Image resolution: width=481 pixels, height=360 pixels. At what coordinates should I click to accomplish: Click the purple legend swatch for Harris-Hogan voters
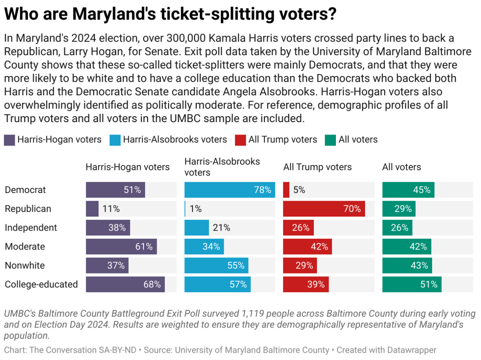point(10,140)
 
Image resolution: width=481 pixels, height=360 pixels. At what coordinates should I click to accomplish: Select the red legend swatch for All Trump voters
point(241,140)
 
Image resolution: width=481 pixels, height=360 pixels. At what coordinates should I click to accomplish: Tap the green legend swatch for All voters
point(331,140)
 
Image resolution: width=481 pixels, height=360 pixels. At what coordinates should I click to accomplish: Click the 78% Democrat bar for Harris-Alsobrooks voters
point(229,190)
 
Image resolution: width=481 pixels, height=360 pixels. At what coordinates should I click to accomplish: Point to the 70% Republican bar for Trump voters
point(324,209)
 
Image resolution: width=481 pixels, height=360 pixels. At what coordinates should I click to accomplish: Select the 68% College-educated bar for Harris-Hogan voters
point(125,284)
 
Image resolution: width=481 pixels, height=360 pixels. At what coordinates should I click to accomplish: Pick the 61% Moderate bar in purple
point(121,247)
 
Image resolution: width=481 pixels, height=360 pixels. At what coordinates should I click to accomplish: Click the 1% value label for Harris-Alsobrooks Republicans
point(195,209)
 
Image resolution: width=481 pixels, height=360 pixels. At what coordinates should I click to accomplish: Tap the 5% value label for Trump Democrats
point(299,190)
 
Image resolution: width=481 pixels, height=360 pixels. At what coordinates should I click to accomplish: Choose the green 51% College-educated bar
point(412,284)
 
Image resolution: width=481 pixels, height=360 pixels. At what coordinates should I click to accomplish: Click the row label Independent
point(31,227)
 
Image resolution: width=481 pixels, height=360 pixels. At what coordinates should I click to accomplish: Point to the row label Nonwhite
point(25,265)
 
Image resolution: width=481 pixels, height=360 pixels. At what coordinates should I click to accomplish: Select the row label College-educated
point(41,284)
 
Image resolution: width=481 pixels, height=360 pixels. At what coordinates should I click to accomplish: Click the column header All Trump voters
point(317,167)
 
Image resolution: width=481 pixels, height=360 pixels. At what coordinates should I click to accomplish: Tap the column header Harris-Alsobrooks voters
point(222,167)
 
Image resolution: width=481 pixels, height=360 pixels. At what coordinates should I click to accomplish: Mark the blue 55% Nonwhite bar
point(216,265)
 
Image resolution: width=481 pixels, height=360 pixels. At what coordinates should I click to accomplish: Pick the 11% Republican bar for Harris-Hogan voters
point(92,209)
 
